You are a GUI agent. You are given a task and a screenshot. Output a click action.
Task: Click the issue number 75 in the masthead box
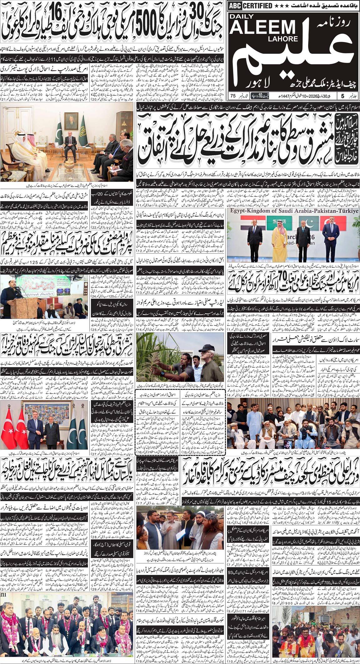233,96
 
